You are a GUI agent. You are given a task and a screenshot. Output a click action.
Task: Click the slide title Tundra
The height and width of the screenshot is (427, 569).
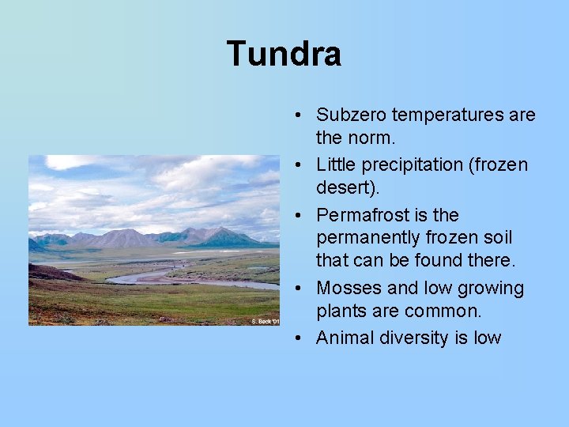(284, 54)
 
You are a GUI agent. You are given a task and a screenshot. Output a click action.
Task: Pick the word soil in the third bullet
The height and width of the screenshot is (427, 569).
(496, 237)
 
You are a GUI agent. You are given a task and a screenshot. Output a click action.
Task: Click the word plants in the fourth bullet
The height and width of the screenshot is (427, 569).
(341, 310)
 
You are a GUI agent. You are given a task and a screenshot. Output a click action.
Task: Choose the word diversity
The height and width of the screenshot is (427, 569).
(413, 338)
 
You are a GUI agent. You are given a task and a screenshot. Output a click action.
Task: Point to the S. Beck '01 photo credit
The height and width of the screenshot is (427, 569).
(266, 321)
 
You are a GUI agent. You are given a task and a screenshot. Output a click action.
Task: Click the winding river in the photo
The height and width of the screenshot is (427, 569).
(142, 278)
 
